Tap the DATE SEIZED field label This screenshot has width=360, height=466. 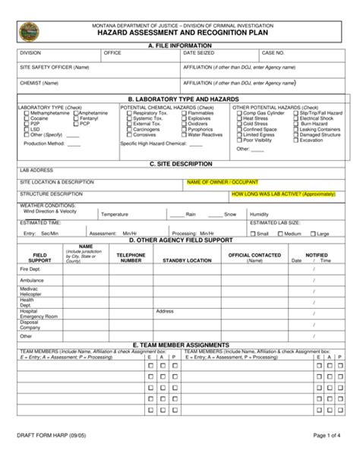click(x=200, y=54)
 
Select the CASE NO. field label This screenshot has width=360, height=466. click(x=273, y=54)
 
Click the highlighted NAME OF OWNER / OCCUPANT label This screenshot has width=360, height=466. click(x=223, y=182)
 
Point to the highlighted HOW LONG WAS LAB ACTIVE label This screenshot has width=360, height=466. click(x=283, y=194)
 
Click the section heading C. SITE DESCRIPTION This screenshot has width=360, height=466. click(x=179, y=162)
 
